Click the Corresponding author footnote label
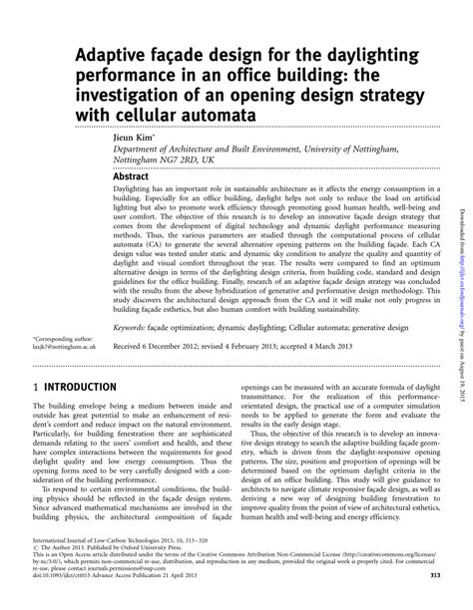pyautogui.click(x=50, y=310)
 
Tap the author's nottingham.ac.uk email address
pyautogui.click(x=51, y=320)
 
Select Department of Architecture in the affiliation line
pyautogui.click(x=166, y=147)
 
